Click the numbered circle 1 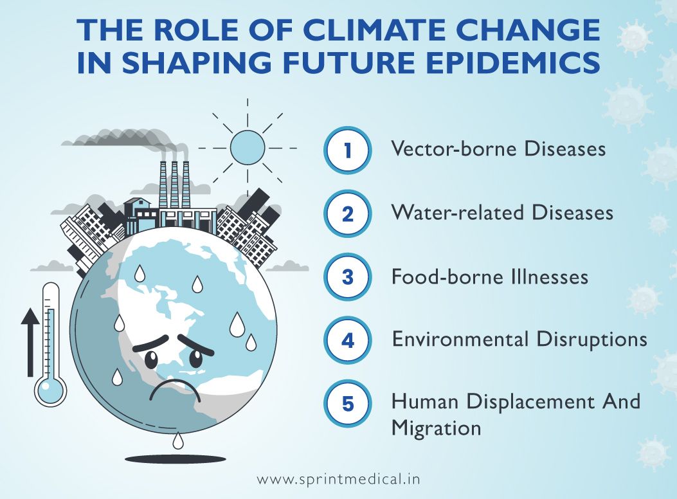(x=348, y=150)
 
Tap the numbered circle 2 (x=348, y=213)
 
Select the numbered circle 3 (x=348, y=277)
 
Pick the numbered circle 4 (x=348, y=340)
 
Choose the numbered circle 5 (x=348, y=404)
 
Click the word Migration (x=437, y=428)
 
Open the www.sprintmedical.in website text (x=339, y=480)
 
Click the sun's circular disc (x=248, y=147)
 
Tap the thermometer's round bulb (x=51, y=389)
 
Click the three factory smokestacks (x=173, y=183)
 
